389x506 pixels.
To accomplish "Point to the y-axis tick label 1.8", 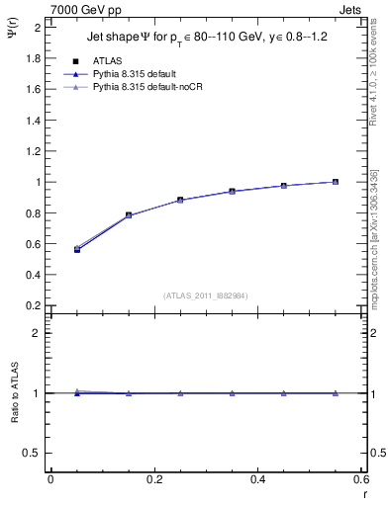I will tap(33, 58).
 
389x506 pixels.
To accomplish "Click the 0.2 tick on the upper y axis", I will tap(33, 305).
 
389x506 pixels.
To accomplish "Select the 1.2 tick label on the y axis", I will tap(33, 151).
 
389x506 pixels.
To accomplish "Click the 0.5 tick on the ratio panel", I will tap(33, 453).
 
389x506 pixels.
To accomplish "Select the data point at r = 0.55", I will tap(336, 182).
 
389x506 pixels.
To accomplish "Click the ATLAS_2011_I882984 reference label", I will tap(206, 295).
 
